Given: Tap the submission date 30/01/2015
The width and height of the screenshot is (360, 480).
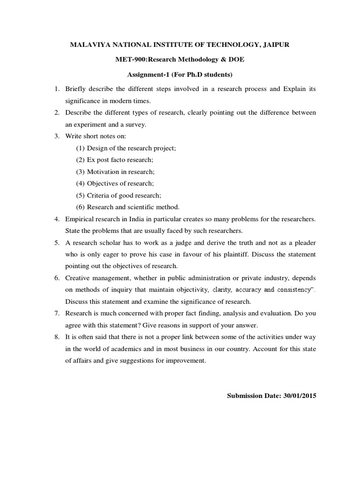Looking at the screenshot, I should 300,396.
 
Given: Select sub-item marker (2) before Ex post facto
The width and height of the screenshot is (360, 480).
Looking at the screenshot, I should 80,160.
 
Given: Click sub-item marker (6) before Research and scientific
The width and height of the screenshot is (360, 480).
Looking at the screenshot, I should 80,207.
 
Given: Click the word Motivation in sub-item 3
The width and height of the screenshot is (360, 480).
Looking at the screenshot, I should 103,172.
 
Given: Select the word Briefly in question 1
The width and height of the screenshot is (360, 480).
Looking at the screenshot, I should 76,89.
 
